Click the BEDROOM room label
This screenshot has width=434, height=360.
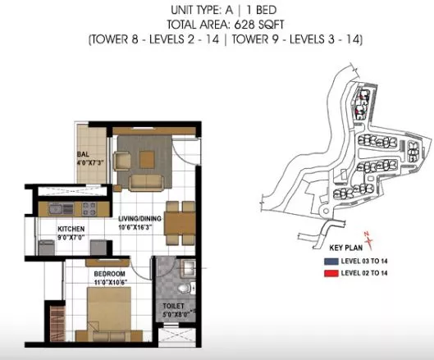click(109, 274)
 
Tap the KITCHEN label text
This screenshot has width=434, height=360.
click(71, 229)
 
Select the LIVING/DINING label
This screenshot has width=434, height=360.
click(139, 219)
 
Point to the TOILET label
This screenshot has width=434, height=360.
click(173, 306)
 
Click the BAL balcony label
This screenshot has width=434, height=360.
click(83, 154)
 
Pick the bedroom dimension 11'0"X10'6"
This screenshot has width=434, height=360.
click(110, 283)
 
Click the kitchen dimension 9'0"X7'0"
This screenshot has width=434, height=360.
click(71, 238)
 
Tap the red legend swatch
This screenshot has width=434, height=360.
click(331, 273)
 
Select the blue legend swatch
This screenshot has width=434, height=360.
click(331, 261)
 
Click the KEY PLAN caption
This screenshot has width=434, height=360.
click(346, 248)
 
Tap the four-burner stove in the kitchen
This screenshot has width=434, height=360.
click(89, 209)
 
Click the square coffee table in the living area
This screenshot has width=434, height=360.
click(147, 159)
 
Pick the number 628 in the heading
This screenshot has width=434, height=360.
click(244, 25)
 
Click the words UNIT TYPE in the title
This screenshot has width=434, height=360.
click(196, 10)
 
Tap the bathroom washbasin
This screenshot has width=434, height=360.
click(188, 267)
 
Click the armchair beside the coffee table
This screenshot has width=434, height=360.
click(121, 161)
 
